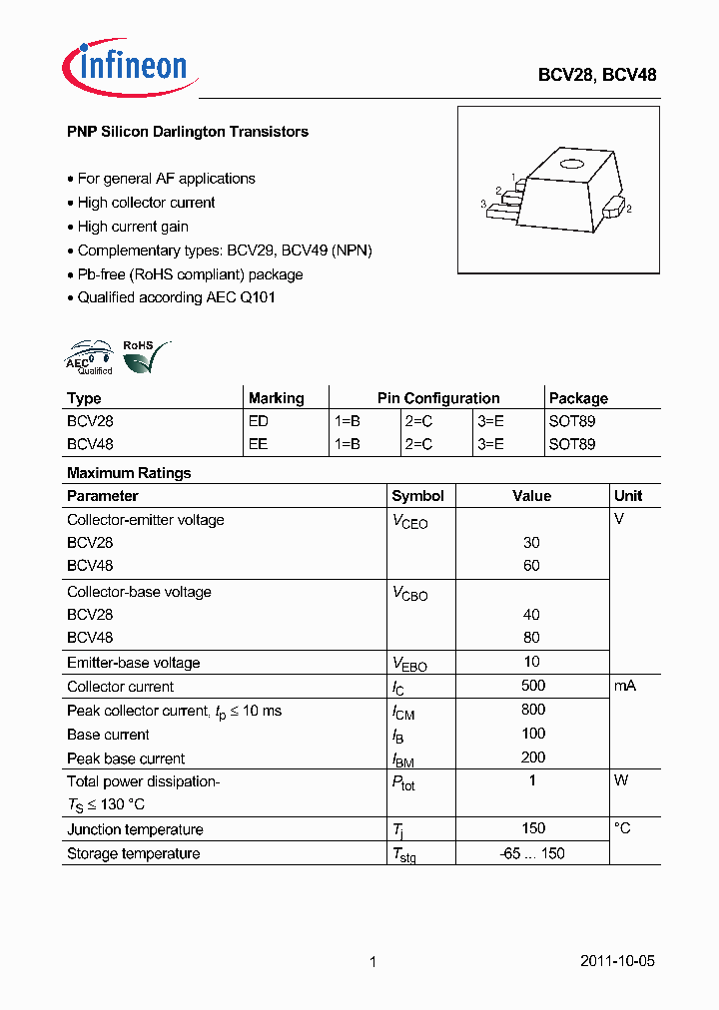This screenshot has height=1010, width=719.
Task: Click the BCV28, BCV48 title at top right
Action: pos(597,75)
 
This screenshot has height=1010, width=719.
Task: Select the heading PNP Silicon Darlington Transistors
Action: pos(187,132)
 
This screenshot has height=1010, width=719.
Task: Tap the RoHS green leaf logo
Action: pos(143,357)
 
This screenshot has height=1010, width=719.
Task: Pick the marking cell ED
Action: pos(258,421)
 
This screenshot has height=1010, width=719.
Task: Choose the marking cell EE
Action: pos(258,444)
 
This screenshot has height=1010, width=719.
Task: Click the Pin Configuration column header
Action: pos(438,398)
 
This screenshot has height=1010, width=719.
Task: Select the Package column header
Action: pos(578,398)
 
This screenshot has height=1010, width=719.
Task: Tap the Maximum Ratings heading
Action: pos(129,473)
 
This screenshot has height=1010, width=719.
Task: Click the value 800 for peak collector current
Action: pos(532,710)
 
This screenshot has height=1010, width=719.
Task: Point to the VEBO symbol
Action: pos(409,664)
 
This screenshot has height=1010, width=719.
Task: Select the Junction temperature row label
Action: pos(135,829)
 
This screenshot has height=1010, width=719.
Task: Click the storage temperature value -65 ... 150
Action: pos(532,853)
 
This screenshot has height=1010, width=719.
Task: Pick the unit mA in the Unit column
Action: pos(625,686)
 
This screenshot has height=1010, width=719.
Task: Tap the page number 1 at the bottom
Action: pos(372,962)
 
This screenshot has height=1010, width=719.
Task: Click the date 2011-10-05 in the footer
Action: pos(617,962)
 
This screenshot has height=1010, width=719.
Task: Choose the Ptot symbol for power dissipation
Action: pos(403,782)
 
